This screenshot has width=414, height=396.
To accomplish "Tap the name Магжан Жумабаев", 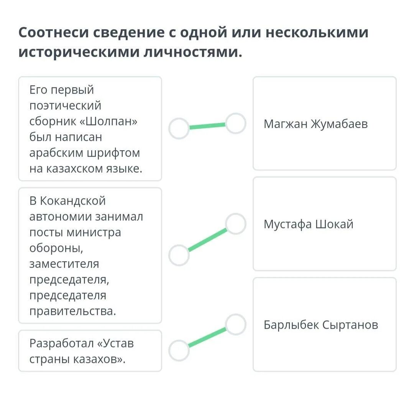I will click(315, 124).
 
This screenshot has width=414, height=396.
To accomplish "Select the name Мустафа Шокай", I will click(308, 224).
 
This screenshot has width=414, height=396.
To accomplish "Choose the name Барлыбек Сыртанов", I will click(321, 325).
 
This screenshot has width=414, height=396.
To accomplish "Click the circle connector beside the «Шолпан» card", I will click(179, 129).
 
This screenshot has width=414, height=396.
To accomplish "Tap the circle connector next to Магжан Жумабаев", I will click(235, 123).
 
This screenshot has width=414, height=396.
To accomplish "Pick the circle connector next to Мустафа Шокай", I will click(235, 224).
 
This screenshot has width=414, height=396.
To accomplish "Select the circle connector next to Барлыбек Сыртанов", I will click(235, 325).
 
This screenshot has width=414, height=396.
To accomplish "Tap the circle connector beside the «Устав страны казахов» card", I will click(179, 350).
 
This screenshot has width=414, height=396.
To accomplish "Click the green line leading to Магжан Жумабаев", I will click(207, 126).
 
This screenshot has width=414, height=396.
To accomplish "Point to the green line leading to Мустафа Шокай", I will click(207, 240).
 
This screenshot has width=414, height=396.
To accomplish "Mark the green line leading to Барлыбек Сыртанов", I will click(207, 338).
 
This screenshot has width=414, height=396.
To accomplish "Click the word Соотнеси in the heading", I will click(53, 33).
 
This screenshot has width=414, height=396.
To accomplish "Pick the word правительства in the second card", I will click(72, 311).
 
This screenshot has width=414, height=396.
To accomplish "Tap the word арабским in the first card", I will click(56, 152).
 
